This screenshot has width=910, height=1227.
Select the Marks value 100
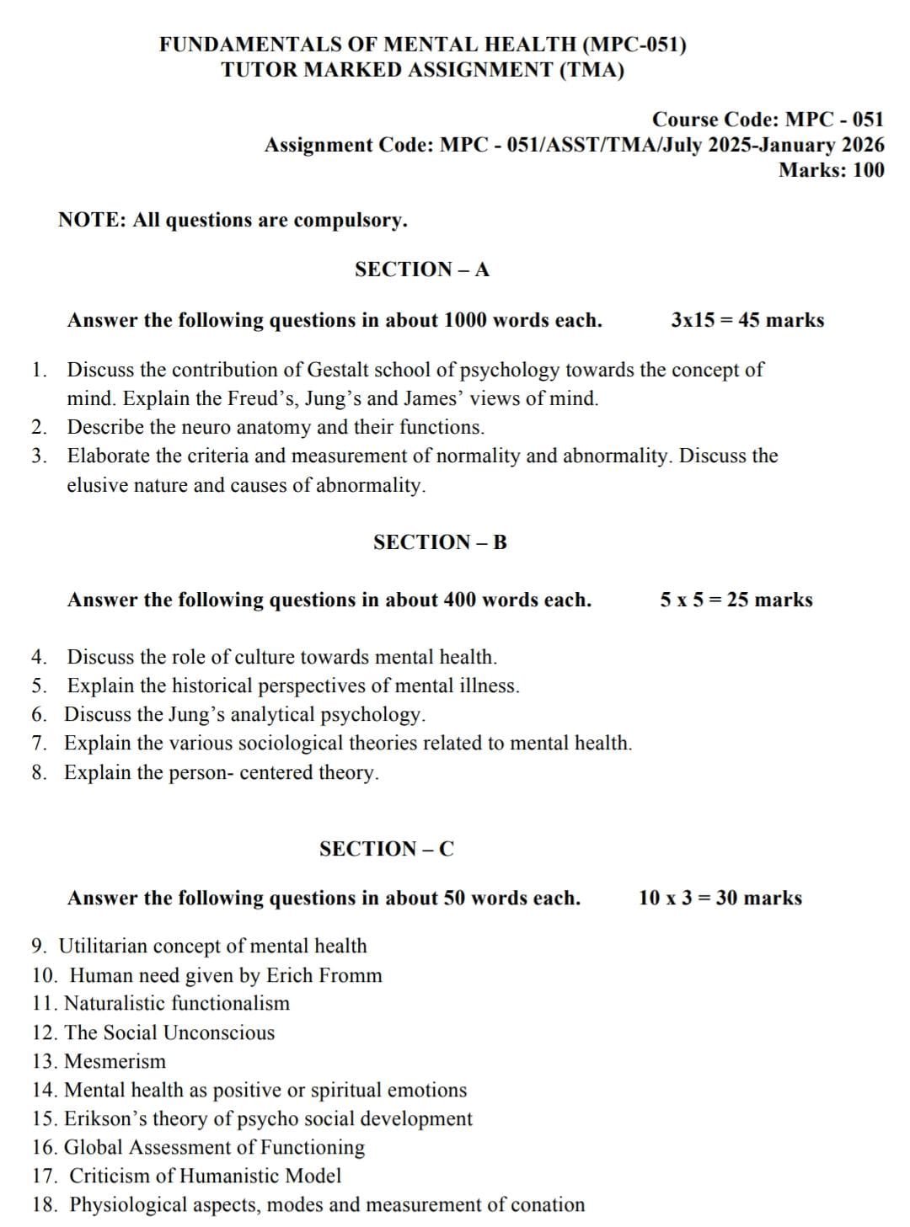(x=869, y=170)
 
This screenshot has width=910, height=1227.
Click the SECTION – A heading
(x=421, y=269)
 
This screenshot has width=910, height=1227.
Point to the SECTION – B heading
(x=440, y=542)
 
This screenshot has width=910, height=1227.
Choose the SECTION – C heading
(x=386, y=849)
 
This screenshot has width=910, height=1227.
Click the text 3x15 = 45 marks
(x=747, y=320)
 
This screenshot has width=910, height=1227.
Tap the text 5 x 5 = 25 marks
(x=736, y=600)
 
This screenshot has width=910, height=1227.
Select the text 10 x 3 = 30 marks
(x=720, y=898)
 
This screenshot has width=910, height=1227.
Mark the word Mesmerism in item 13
(x=115, y=1061)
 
